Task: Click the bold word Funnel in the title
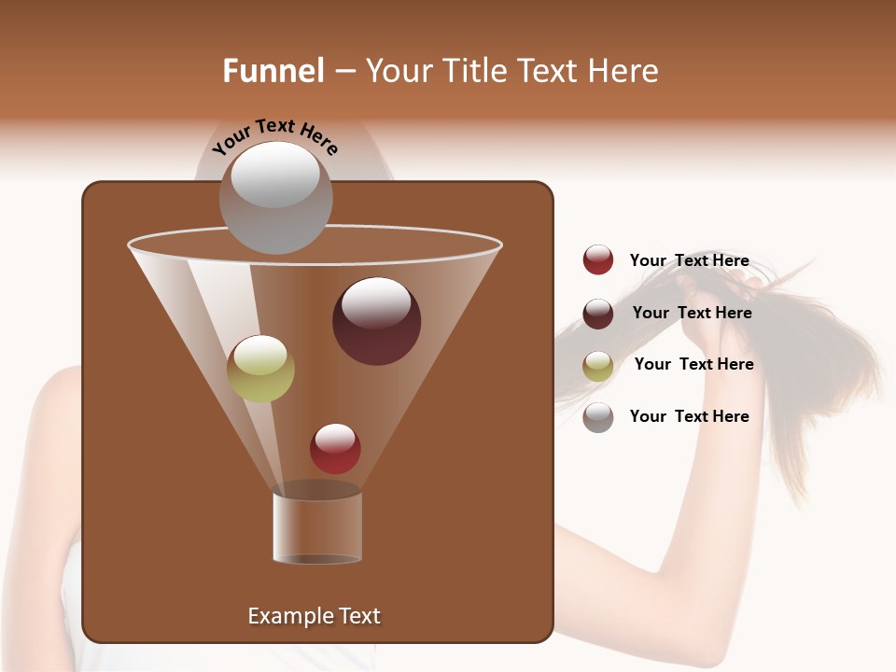point(273,71)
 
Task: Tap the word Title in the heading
point(474,71)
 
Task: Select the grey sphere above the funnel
point(275,198)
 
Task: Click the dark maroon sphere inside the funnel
point(376,321)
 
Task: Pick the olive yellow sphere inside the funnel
point(260,369)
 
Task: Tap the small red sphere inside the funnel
point(335,449)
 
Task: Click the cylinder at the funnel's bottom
point(317,527)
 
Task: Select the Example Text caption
point(314,616)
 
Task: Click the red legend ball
point(598,260)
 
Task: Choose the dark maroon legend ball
point(598,314)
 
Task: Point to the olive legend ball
point(598,366)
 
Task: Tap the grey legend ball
point(598,417)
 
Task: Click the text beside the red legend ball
point(689,261)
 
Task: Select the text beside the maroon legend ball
point(692,313)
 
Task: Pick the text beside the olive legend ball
point(693,364)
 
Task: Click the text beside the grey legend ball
point(689,416)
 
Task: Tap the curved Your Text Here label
point(275,135)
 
